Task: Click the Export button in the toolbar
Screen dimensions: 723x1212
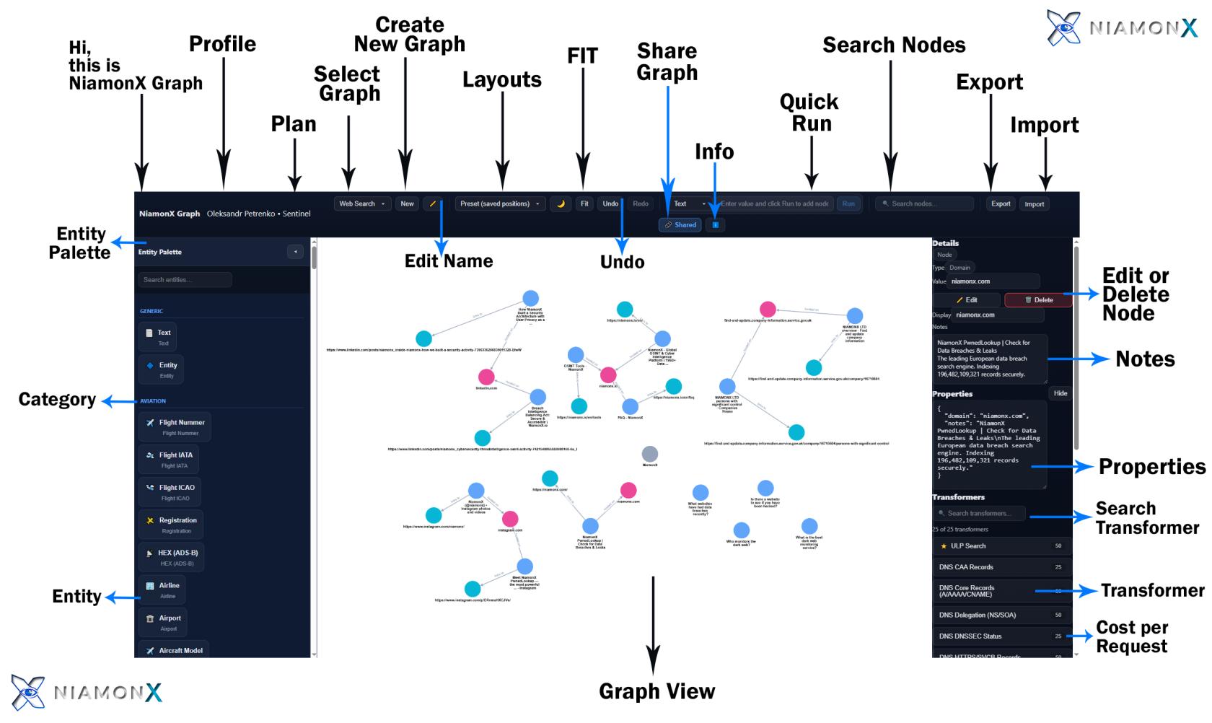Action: pyautogui.click(x=1001, y=204)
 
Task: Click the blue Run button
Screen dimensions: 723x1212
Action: pyautogui.click(x=848, y=204)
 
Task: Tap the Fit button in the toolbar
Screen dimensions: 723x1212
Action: pyautogui.click(x=584, y=204)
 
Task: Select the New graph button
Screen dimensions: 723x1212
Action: pyautogui.click(x=407, y=204)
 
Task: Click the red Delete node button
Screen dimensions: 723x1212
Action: pyautogui.click(x=1038, y=300)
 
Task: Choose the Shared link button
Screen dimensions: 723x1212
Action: pyautogui.click(x=680, y=225)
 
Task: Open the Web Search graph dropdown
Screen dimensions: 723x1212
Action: pyautogui.click(x=362, y=204)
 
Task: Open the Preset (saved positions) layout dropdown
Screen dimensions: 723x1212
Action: pyautogui.click(x=500, y=204)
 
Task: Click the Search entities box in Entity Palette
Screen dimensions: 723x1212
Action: pyautogui.click(x=185, y=280)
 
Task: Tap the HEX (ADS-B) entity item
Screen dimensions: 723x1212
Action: pyautogui.click(x=171, y=557)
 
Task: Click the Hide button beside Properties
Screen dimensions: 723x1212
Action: pyautogui.click(x=1060, y=394)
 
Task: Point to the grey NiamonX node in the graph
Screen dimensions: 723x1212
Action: pyautogui.click(x=650, y=454)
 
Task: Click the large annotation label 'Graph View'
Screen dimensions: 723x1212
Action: pyautogui.click(x=657, y=691)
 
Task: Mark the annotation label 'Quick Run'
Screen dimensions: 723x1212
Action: pyautogui.click(x=810, y=113)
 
